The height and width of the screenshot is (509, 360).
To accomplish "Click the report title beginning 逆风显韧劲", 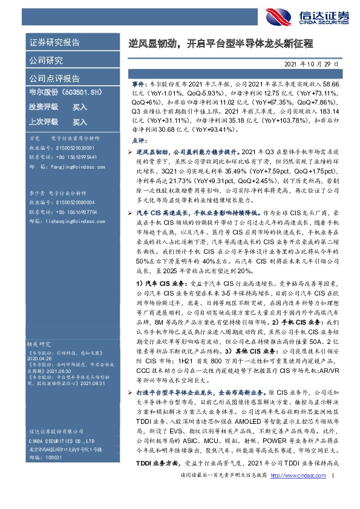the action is (224, 44).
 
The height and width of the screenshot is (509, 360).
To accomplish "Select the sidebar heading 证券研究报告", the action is (54, 44).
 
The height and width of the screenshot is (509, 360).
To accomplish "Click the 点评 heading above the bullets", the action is (139, 140).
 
